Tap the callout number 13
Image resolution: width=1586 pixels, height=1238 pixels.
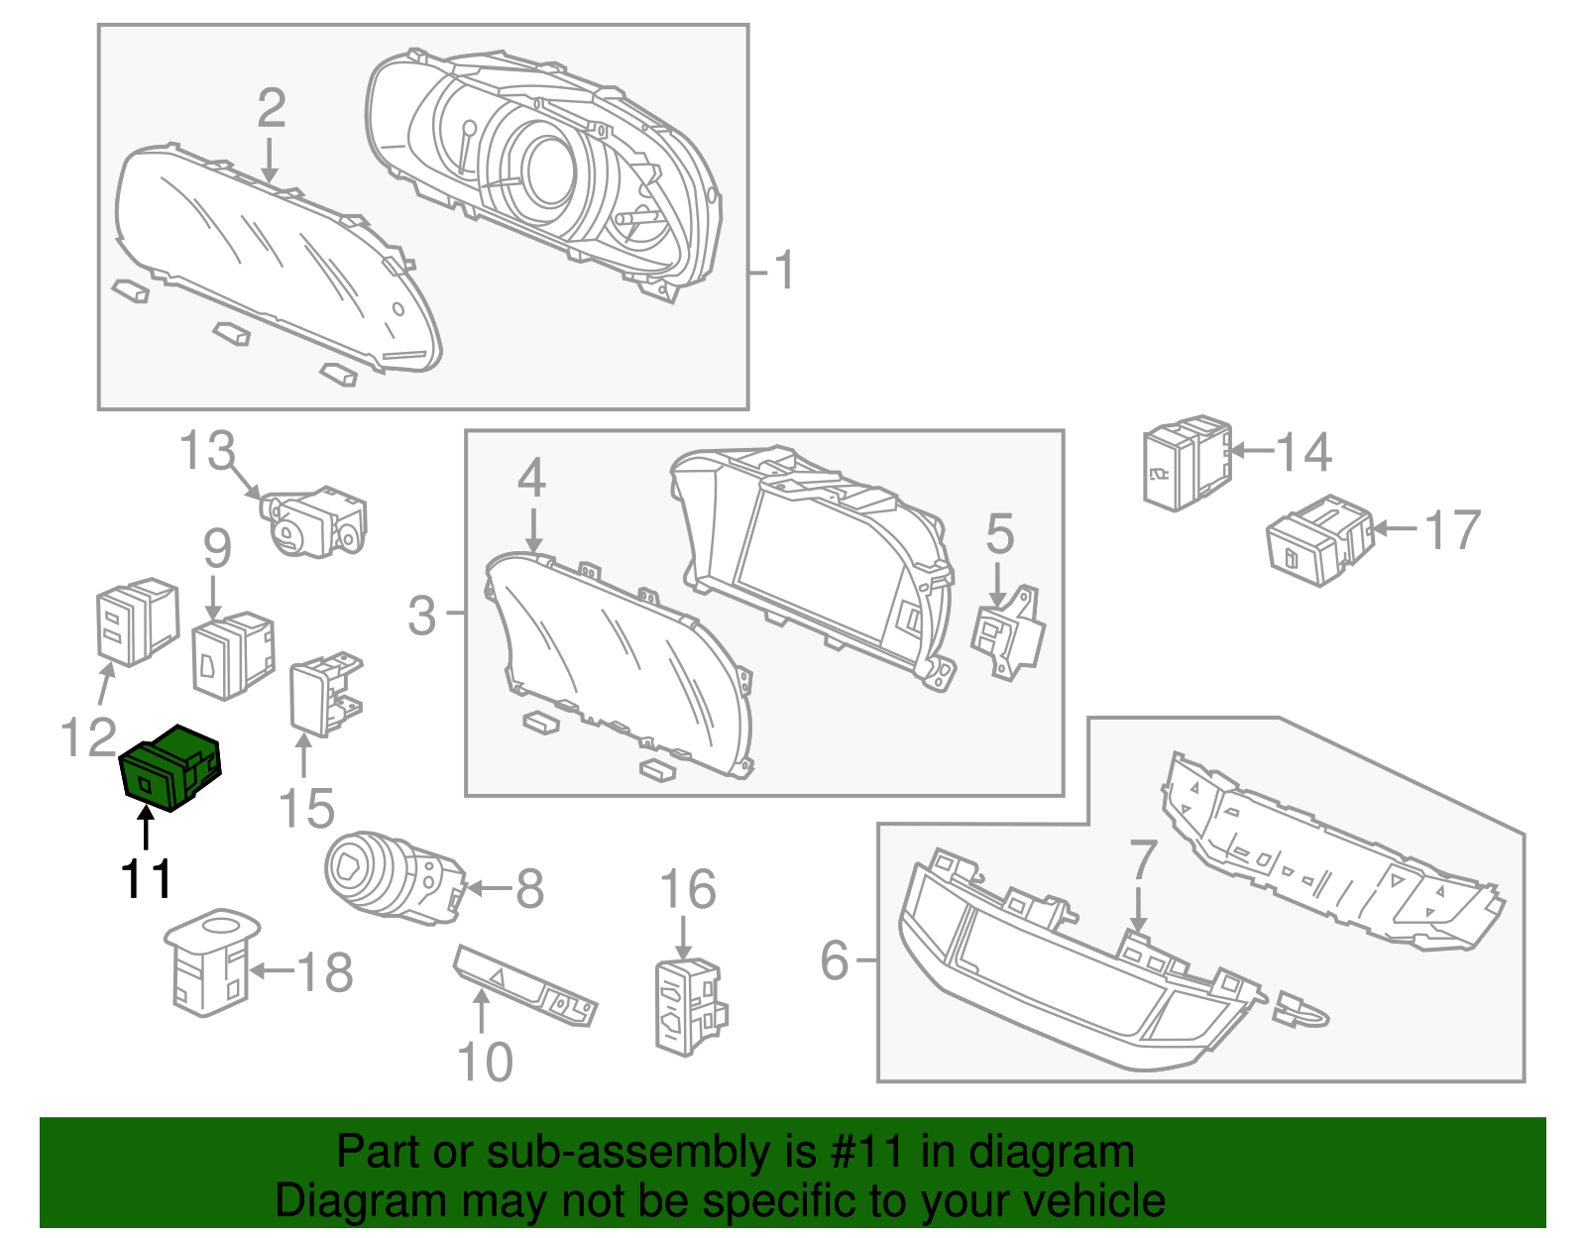(206, 452)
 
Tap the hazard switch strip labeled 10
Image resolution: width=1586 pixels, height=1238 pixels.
(525, 987)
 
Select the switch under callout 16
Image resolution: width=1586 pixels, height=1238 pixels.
(688, 1005)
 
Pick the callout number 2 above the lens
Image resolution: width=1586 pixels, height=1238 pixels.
(271, 108)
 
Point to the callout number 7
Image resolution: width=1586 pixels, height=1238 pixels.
(1142, 858)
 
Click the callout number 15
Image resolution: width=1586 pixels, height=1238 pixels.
(306, 809)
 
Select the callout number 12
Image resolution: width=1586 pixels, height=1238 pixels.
(88, 737)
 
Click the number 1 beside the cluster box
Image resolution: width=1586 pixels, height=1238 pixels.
(783, 271)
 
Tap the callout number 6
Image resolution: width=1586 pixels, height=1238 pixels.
(835, 959)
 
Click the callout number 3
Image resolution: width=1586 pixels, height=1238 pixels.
(421, 615)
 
